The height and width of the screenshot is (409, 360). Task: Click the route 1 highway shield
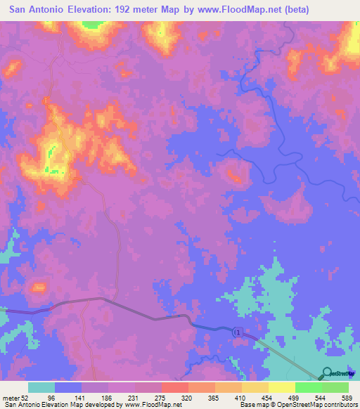click(240, 332)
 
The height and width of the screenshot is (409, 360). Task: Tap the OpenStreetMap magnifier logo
click(328, 372)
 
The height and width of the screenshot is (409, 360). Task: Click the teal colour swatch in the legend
click(41, 387)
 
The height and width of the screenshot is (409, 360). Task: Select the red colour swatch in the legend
click(175, 387)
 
